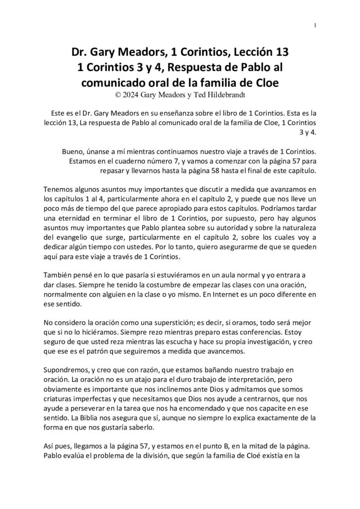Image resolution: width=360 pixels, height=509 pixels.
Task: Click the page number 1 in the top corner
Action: coord(316,26)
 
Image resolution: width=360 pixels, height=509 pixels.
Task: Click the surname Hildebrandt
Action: coord(222,92)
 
